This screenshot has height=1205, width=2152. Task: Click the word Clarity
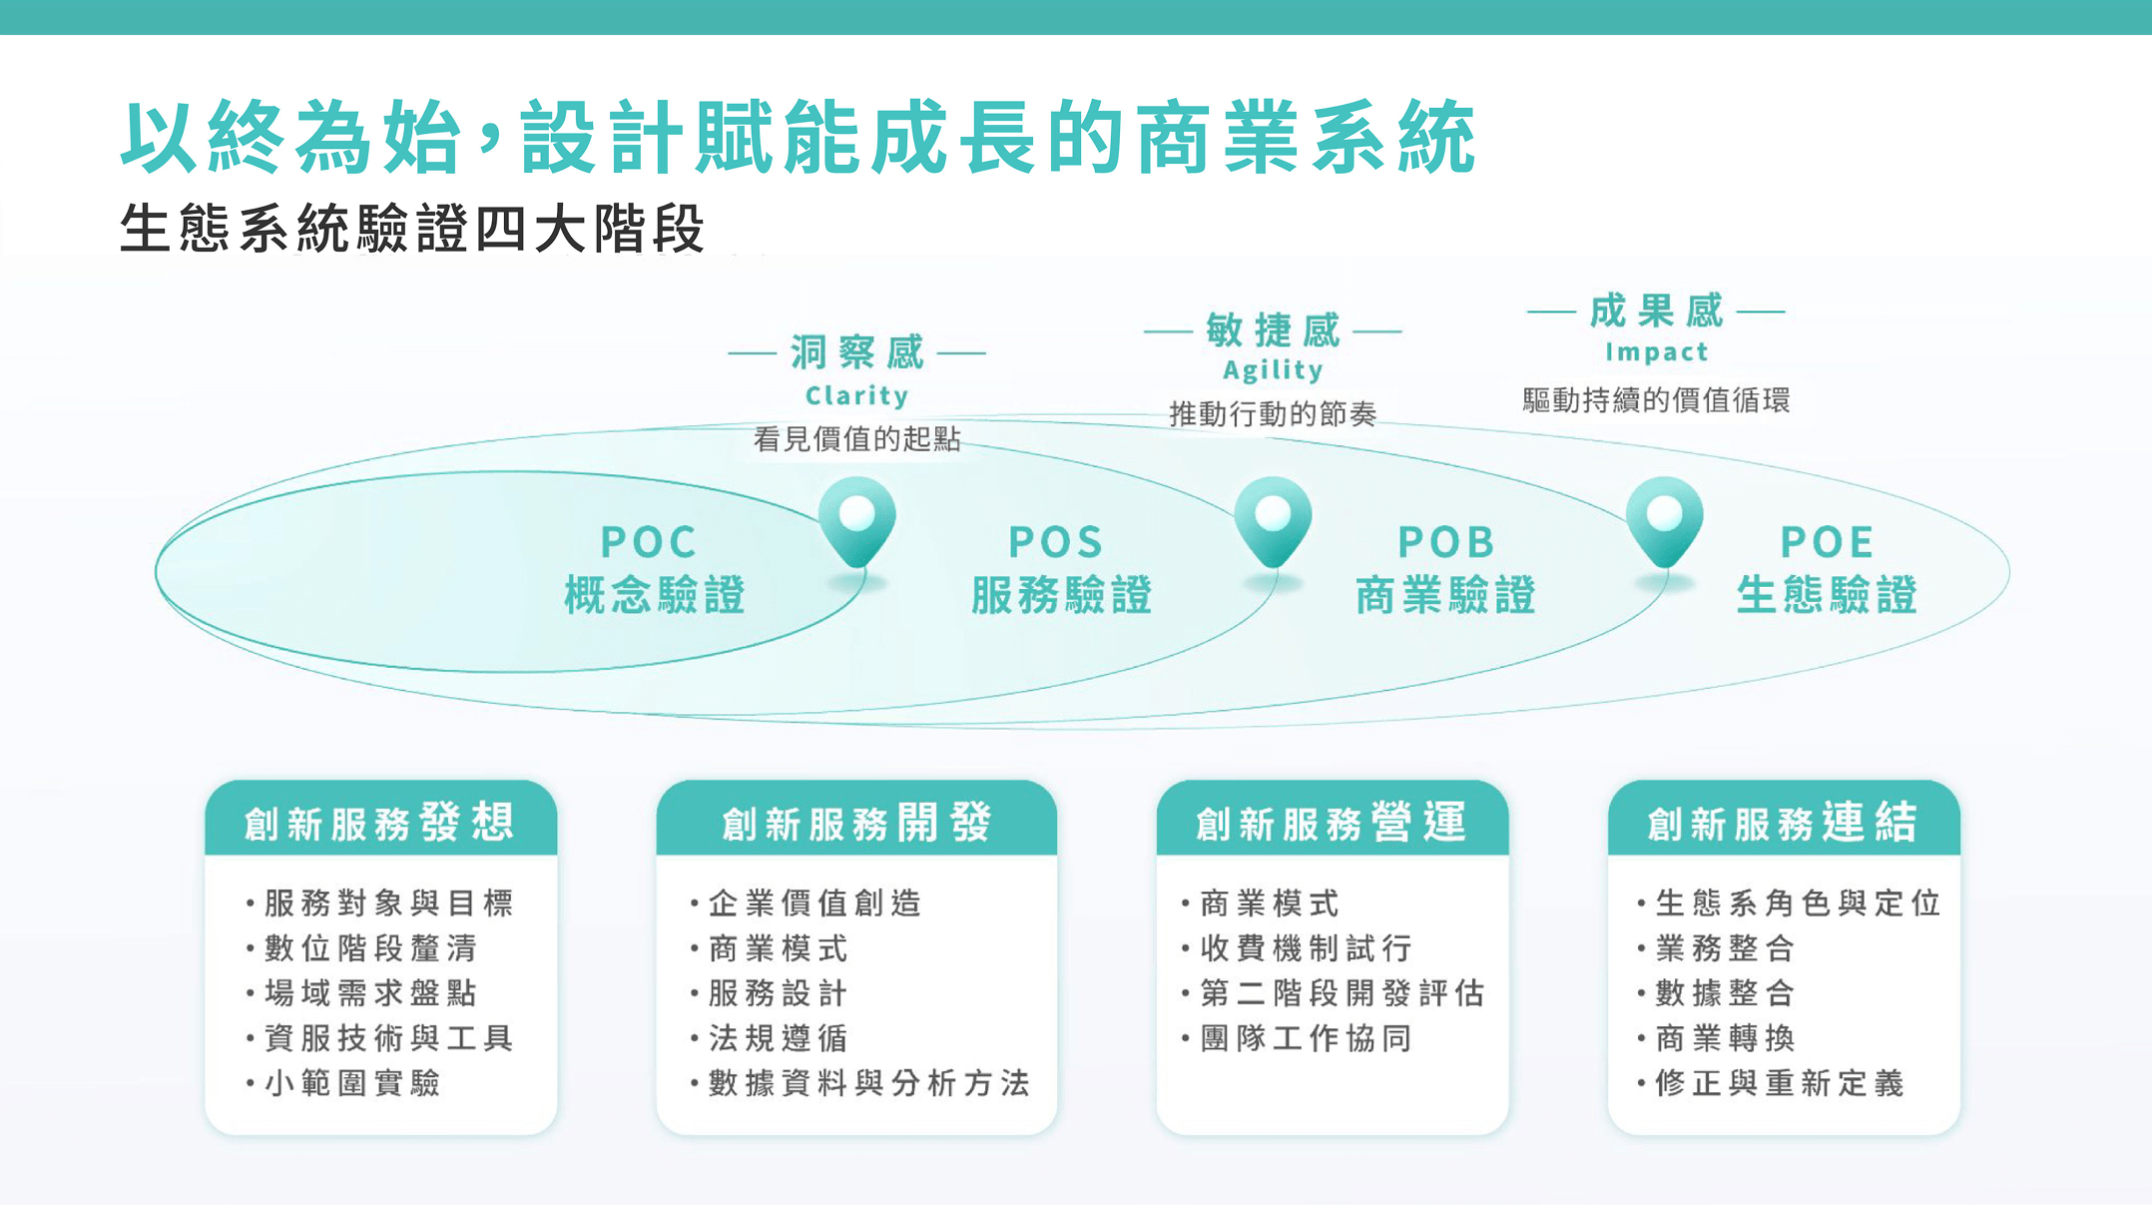pyautogui.click(x=856, y=395)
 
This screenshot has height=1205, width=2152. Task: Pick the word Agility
pyautogui.click(x=1273, y=370)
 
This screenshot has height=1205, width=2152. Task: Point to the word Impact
pyautogui.click(x=1656, y=351)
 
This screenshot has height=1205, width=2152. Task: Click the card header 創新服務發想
pyautogui.click(x=380, y=823)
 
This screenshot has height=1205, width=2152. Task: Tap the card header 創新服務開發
pyautogui.click(x=856, y=823)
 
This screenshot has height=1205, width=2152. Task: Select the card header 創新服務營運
pyautogui.click(x=1332, y=823)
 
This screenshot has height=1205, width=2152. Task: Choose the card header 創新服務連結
pyautogui.click(x=1783, y=823)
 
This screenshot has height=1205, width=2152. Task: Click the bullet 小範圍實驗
pyautogui.click(x=343, y=1082)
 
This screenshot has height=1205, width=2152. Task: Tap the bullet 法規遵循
pyautogui.click(x=769, y=1037)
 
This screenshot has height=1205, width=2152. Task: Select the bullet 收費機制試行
pyautogui.click(x=1297, y=947)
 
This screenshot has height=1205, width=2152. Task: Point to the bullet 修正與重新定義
pyautogui.click(x=1771, y=1082)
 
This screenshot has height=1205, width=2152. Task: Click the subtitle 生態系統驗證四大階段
pyautogui.click(x=412, y=228)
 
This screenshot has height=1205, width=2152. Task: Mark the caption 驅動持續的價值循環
pyautogui.click(x=1656, y=400)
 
